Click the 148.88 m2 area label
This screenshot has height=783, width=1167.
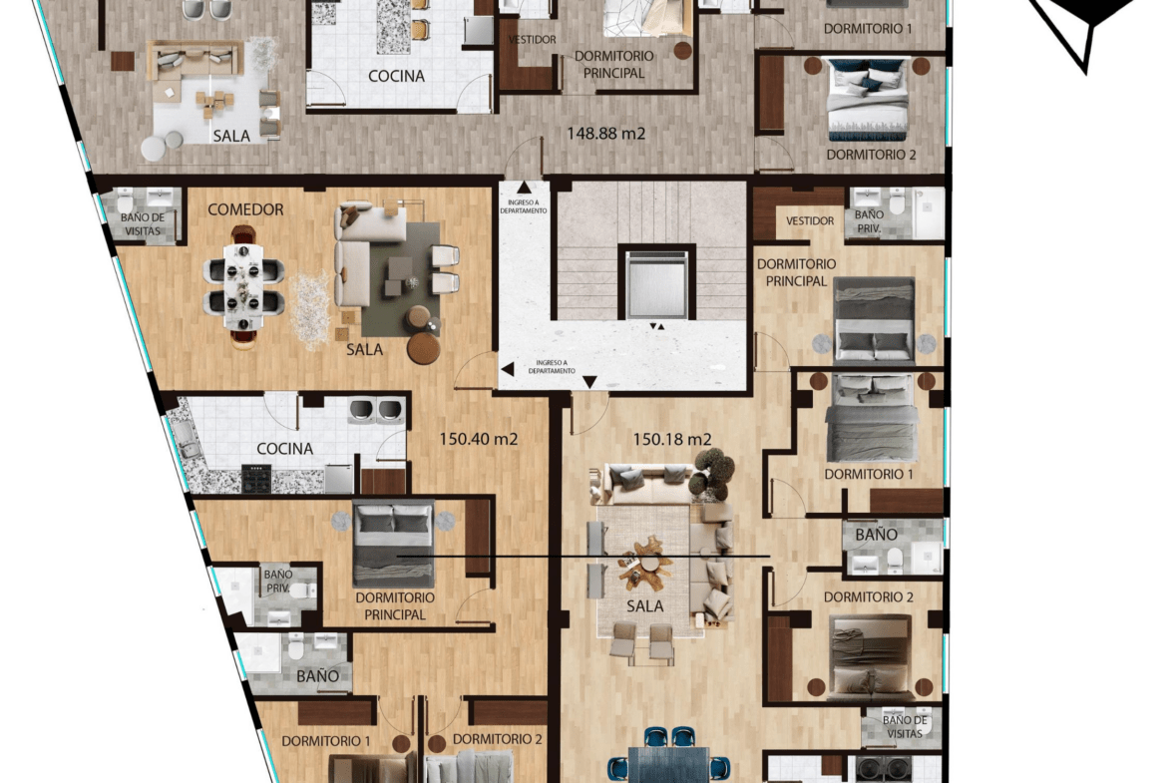click(x=605, y=134)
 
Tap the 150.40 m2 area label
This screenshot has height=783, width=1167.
click(x=478, y=439)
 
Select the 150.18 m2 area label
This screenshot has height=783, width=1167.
click(x=672, y=439)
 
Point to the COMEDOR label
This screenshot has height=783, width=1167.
click(x=245, y=209)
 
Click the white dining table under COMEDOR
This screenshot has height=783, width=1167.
click(x=244, y=286)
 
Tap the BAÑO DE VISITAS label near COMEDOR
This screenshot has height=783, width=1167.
click(x=143, y=224)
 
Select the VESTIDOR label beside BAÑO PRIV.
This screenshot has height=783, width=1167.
click(x=810, y=221)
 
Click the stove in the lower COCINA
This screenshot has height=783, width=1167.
click(x=256, y=480)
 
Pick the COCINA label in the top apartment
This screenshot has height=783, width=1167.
click(x=397, y=76)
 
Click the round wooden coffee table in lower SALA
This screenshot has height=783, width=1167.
click(x=423, y=347)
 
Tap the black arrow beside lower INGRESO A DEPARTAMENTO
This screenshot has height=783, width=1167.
click(x=508, y=368)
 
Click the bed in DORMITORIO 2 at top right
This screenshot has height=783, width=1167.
click(x=868, y=99)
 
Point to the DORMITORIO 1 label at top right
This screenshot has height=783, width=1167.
click(x=868, y=29)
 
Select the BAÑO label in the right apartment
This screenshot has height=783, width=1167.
click(x=876, y=535)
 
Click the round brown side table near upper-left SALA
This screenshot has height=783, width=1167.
click(x=123, y=61)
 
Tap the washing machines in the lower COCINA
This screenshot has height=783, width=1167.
click(x=376, y=410)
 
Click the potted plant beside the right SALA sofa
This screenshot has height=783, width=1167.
click(x=711, y=474)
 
